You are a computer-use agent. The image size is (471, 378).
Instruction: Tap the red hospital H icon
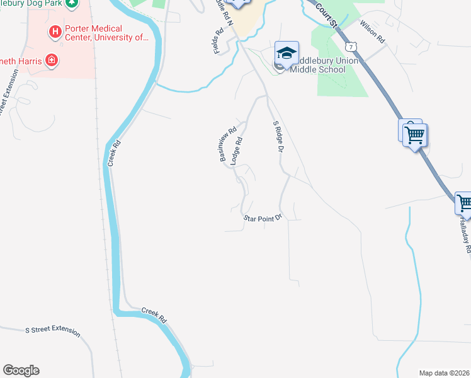pos(55,30)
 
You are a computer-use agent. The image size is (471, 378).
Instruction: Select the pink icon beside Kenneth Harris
pos(52,61)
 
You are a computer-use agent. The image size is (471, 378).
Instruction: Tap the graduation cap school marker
pos(287,53)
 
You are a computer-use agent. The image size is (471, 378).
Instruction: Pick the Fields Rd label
pos(218,40)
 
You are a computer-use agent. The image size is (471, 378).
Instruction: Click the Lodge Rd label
pos(237,152)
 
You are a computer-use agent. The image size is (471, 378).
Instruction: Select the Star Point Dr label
pos(262,218)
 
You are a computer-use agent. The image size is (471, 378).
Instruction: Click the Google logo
pos(21,370)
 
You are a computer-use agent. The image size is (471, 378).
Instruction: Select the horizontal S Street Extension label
pos(52,330)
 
